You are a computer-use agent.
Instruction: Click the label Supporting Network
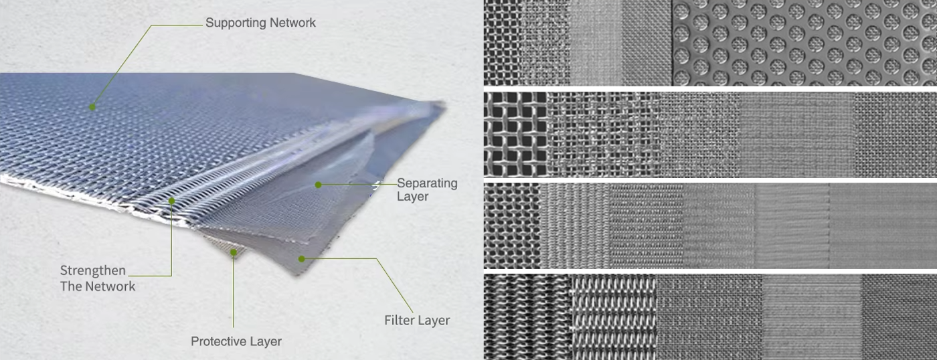click(260, 23)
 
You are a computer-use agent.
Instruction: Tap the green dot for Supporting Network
click(92, 107)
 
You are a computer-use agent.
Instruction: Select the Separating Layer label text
click(427, 189)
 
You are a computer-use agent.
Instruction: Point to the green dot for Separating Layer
click(319, 185)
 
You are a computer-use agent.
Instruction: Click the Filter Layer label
click(417, 321)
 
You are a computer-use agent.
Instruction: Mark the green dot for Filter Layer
click(302, 259)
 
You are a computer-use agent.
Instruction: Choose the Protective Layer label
click(236, 341)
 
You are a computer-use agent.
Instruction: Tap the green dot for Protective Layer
click(234, 252)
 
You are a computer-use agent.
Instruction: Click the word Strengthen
click(93, 270)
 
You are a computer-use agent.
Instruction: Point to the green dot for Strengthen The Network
click(171, 201)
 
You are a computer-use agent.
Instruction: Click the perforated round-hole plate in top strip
click(804, 43)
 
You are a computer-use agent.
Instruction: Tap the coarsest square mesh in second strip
click(515, 134)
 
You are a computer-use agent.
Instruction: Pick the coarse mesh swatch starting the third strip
click(512, 226)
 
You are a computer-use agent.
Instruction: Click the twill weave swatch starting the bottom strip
click(527, 317)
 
